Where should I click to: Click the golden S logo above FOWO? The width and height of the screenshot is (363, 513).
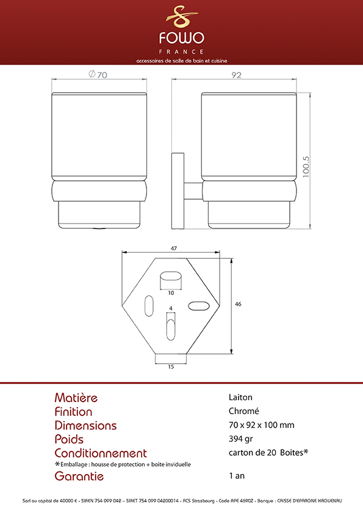pyautogui.click(x=182, y=16)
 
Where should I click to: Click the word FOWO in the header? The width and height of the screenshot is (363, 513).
pyautogui.click(x=182, y=38)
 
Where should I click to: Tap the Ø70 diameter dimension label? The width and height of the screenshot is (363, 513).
pyautogui.click(x=98, y=74)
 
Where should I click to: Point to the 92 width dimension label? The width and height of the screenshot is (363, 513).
pyautogui.click(x=236, y=75)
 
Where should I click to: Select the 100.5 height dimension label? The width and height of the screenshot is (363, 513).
pyautogui.click(x=306, y=167)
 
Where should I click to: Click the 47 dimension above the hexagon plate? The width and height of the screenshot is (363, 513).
pyautogui.click(x=174, y=249)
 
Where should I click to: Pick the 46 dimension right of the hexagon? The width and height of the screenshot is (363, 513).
pyautogui.click(x=238, y=304)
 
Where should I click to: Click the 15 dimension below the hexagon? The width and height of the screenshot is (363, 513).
pyautogui.click(x=171, y=367)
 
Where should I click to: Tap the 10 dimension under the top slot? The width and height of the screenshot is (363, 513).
pyautogui.click(x=171, y=293)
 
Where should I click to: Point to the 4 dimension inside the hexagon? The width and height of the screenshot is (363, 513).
pyautogui.click(x=171, y=308)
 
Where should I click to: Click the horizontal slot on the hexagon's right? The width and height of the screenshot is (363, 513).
pyautogui.click(x=198, y=306)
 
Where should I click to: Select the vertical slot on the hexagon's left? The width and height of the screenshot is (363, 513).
pyautogui.click(x=149, y=306)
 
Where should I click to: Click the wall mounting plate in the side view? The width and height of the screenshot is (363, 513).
pyautogui.click(x=178, y=191)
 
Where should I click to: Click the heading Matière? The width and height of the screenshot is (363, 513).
pyautogui.click(x=76, y=397)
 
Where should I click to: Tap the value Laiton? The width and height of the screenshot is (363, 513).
pyautogui.click(x=240, y=397)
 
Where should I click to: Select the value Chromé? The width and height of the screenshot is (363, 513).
pyautogui.click(x=244, y=411)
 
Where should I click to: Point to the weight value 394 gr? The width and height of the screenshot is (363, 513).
pyautogui.click(x=240, y=439)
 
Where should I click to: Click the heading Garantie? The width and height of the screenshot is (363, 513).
pyautogui.click(x=79, y=476)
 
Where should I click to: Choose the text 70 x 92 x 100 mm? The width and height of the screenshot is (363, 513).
pyautogui.click(x=262, y=425)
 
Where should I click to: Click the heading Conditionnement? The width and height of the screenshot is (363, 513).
pyautogui.click(x=101, y=453)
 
